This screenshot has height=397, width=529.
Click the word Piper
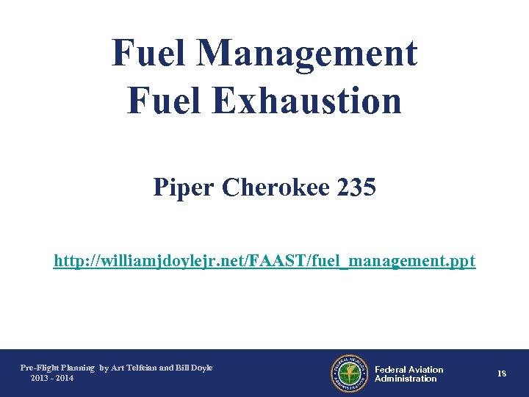point(184,188)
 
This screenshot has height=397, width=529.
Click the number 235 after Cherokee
point(356,188)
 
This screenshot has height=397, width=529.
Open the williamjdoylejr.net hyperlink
point(264,261)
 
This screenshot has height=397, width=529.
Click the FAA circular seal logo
point(348,374)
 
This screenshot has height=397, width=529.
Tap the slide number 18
point(501,374)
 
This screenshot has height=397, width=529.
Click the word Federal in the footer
point(391,370)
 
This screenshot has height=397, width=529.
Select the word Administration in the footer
point(406,379)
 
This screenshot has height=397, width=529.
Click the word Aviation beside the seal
point(427,370)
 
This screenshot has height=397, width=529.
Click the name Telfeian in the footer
point(143,368)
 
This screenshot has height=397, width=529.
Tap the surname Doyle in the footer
point(201,368)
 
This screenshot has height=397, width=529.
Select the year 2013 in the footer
point(40,378)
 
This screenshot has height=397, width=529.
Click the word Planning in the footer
point(79,368)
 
